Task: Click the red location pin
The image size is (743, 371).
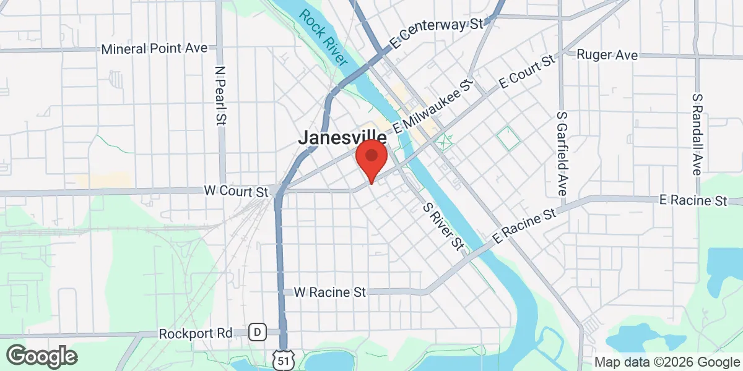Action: click(371, 159)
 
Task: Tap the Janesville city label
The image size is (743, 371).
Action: click(342, 138)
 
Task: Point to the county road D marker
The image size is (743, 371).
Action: click(257, 333)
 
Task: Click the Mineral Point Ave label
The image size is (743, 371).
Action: click(155, 48)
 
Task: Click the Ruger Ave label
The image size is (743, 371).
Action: click(607, 55)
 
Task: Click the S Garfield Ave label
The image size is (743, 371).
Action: click(562, 154)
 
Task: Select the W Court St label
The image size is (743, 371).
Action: click(235, 191)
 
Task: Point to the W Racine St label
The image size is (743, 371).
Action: click(330, 291)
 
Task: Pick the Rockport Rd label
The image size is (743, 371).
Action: click(195, 333)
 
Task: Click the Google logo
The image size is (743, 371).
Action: click(42, 356)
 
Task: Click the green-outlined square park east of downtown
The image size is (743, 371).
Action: click(508, 137)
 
